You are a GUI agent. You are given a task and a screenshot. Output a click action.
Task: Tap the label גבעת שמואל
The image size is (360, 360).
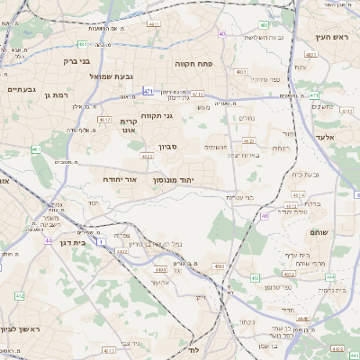112,76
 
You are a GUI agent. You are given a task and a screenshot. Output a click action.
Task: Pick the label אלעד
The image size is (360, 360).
326,136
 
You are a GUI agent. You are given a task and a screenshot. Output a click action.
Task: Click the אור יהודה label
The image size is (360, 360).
120,179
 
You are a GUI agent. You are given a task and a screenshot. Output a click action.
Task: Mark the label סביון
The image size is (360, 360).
168,147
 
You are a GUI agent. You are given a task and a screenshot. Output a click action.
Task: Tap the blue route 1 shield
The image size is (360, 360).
102,241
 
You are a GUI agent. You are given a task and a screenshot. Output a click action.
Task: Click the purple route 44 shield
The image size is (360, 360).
48,241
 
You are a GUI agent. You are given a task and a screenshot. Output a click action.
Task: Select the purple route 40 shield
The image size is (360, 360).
221,34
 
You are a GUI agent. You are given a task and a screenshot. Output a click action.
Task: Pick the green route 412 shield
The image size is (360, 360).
19,295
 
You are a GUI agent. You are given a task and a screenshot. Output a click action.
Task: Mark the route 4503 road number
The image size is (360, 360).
219,266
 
